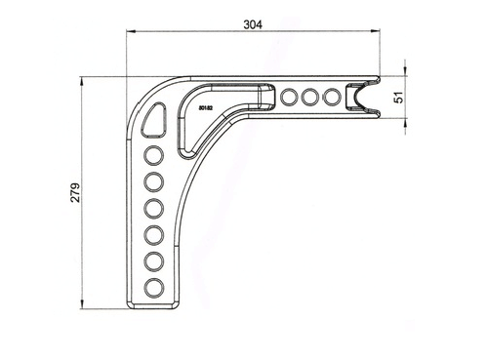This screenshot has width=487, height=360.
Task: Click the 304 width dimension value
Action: coord(254,27)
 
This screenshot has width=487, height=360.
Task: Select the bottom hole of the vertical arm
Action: coord(154,286)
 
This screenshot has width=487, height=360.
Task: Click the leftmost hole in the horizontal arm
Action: coord(290,98)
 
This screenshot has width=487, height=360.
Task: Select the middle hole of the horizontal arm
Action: coord(311,98)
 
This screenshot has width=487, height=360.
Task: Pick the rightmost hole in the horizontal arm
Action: coord(333,98)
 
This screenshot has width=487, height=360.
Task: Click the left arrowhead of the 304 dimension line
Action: coord(128,33)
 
